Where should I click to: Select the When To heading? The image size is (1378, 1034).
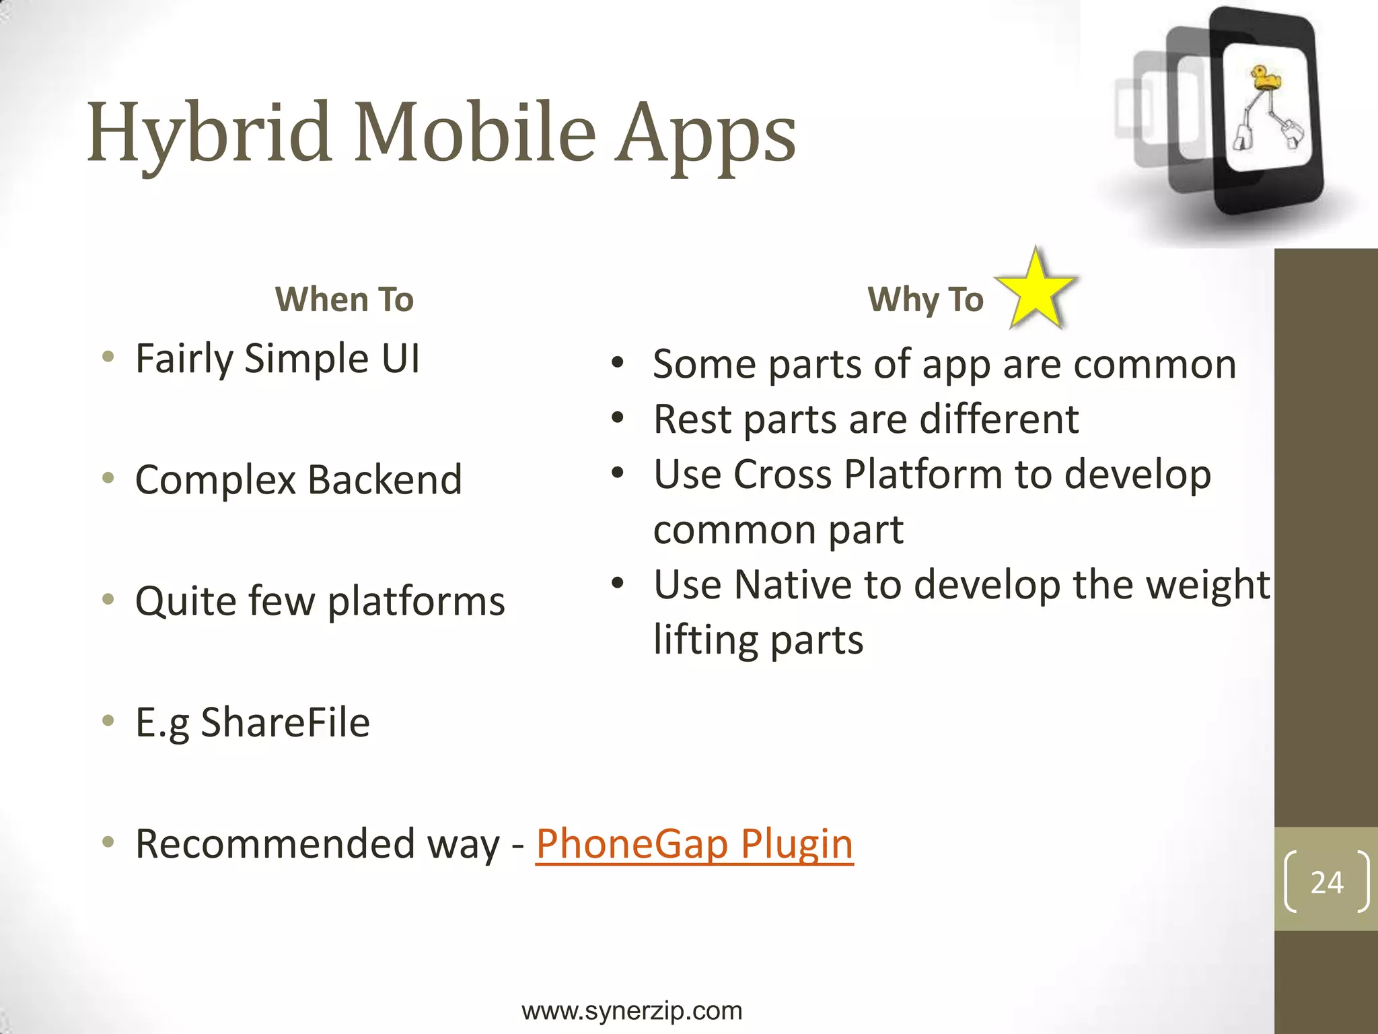(344, 299)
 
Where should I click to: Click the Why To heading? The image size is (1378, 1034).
(925, 299)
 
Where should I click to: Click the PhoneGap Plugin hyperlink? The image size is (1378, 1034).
(694, 843)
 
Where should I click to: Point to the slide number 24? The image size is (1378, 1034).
(1326, 882)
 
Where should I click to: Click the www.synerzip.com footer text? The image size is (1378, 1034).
(632, 1010)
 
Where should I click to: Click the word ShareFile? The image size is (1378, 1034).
(285, 722)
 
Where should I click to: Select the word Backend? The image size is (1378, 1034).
(385, 479)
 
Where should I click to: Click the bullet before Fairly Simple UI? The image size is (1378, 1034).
(108, 357)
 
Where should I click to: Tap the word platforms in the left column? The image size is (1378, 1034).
(416, 601)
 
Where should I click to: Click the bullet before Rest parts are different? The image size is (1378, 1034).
(618, 418)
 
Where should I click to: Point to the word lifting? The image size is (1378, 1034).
(706, 640)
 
